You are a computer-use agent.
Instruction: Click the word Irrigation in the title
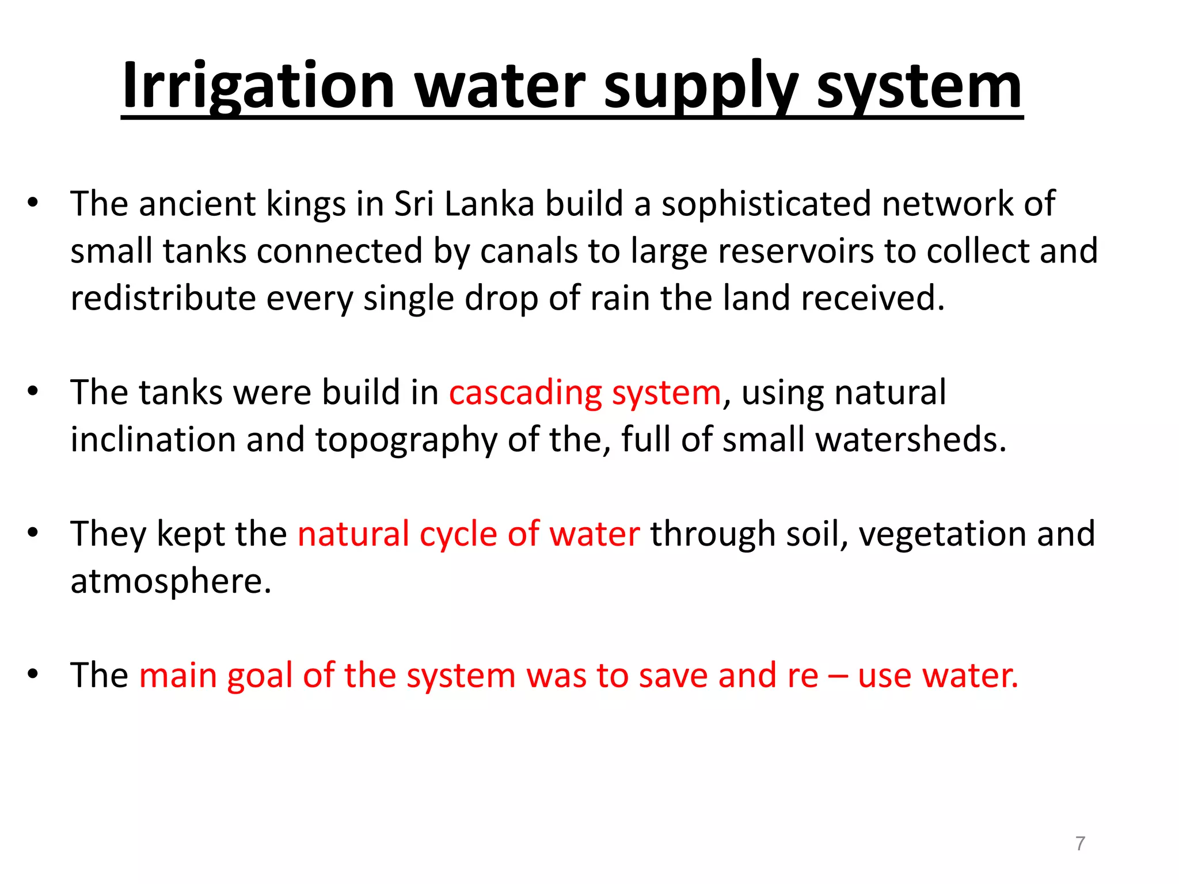tap(258, 86)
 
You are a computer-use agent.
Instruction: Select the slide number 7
tap(1080, 844)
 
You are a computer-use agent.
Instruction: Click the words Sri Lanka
tap(464, 204)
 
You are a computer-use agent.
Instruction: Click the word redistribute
tap(163, 298)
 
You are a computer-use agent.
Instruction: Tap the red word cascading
tap(525, 393)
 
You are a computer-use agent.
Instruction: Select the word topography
tap(406, 440)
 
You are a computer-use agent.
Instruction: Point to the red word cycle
tap(458, 534)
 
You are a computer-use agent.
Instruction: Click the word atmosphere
tap(170, 581)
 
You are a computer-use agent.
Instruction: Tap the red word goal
tap(260, 676)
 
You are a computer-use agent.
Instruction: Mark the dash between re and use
tap(838, 676)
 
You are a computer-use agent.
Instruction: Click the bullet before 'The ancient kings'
tap(33, 204)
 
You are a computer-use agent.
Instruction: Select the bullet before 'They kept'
tap(33, 534)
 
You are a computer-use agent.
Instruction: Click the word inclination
tap(153, 440)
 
